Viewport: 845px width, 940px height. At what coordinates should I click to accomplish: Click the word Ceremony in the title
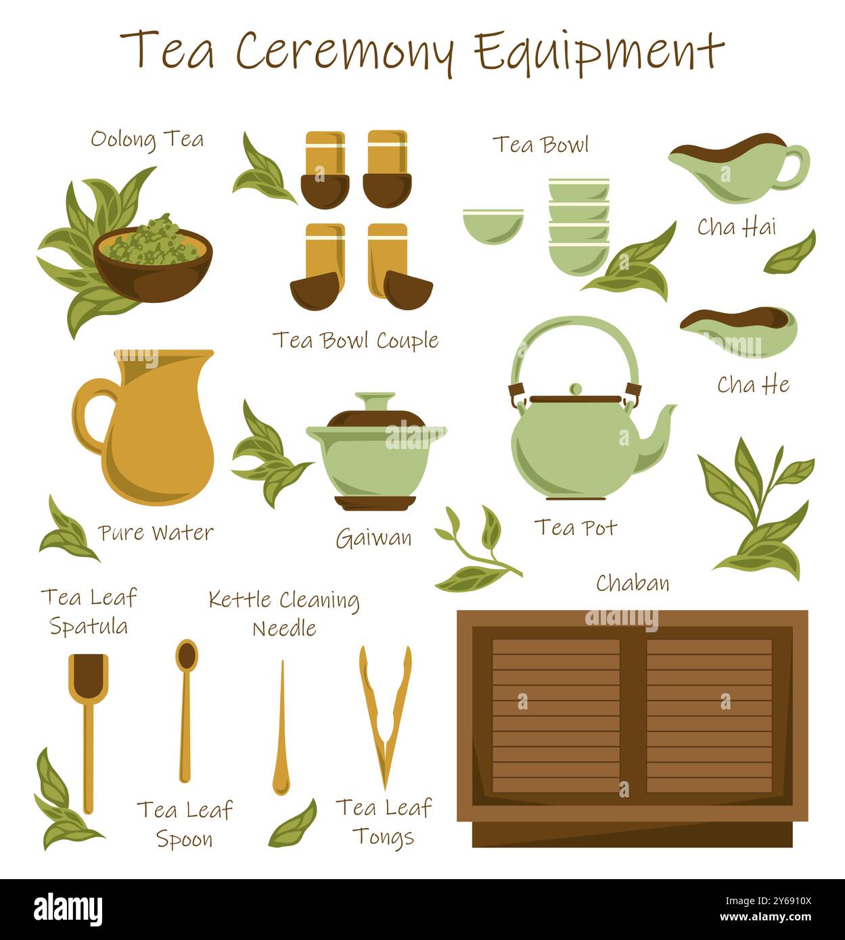(343, 51)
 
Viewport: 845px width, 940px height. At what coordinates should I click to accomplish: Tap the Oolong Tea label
(147, 139)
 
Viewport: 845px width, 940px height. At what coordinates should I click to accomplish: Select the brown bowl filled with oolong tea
(152, 264)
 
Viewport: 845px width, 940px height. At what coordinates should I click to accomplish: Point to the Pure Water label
(156, 533)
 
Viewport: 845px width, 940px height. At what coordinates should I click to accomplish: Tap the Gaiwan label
(373, 539)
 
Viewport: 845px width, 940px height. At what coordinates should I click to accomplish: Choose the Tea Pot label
(575, 527)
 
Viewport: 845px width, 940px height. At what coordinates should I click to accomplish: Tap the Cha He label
(753, 385)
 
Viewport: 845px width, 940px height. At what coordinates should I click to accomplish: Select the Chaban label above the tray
(633, 583)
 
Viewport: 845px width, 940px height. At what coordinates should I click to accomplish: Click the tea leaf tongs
(385, 717)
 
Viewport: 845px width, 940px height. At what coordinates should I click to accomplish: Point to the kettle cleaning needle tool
(281, 730)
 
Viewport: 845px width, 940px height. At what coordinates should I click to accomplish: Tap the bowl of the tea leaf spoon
(187, 655)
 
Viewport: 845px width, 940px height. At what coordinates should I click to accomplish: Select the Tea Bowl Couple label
(355, 340)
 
